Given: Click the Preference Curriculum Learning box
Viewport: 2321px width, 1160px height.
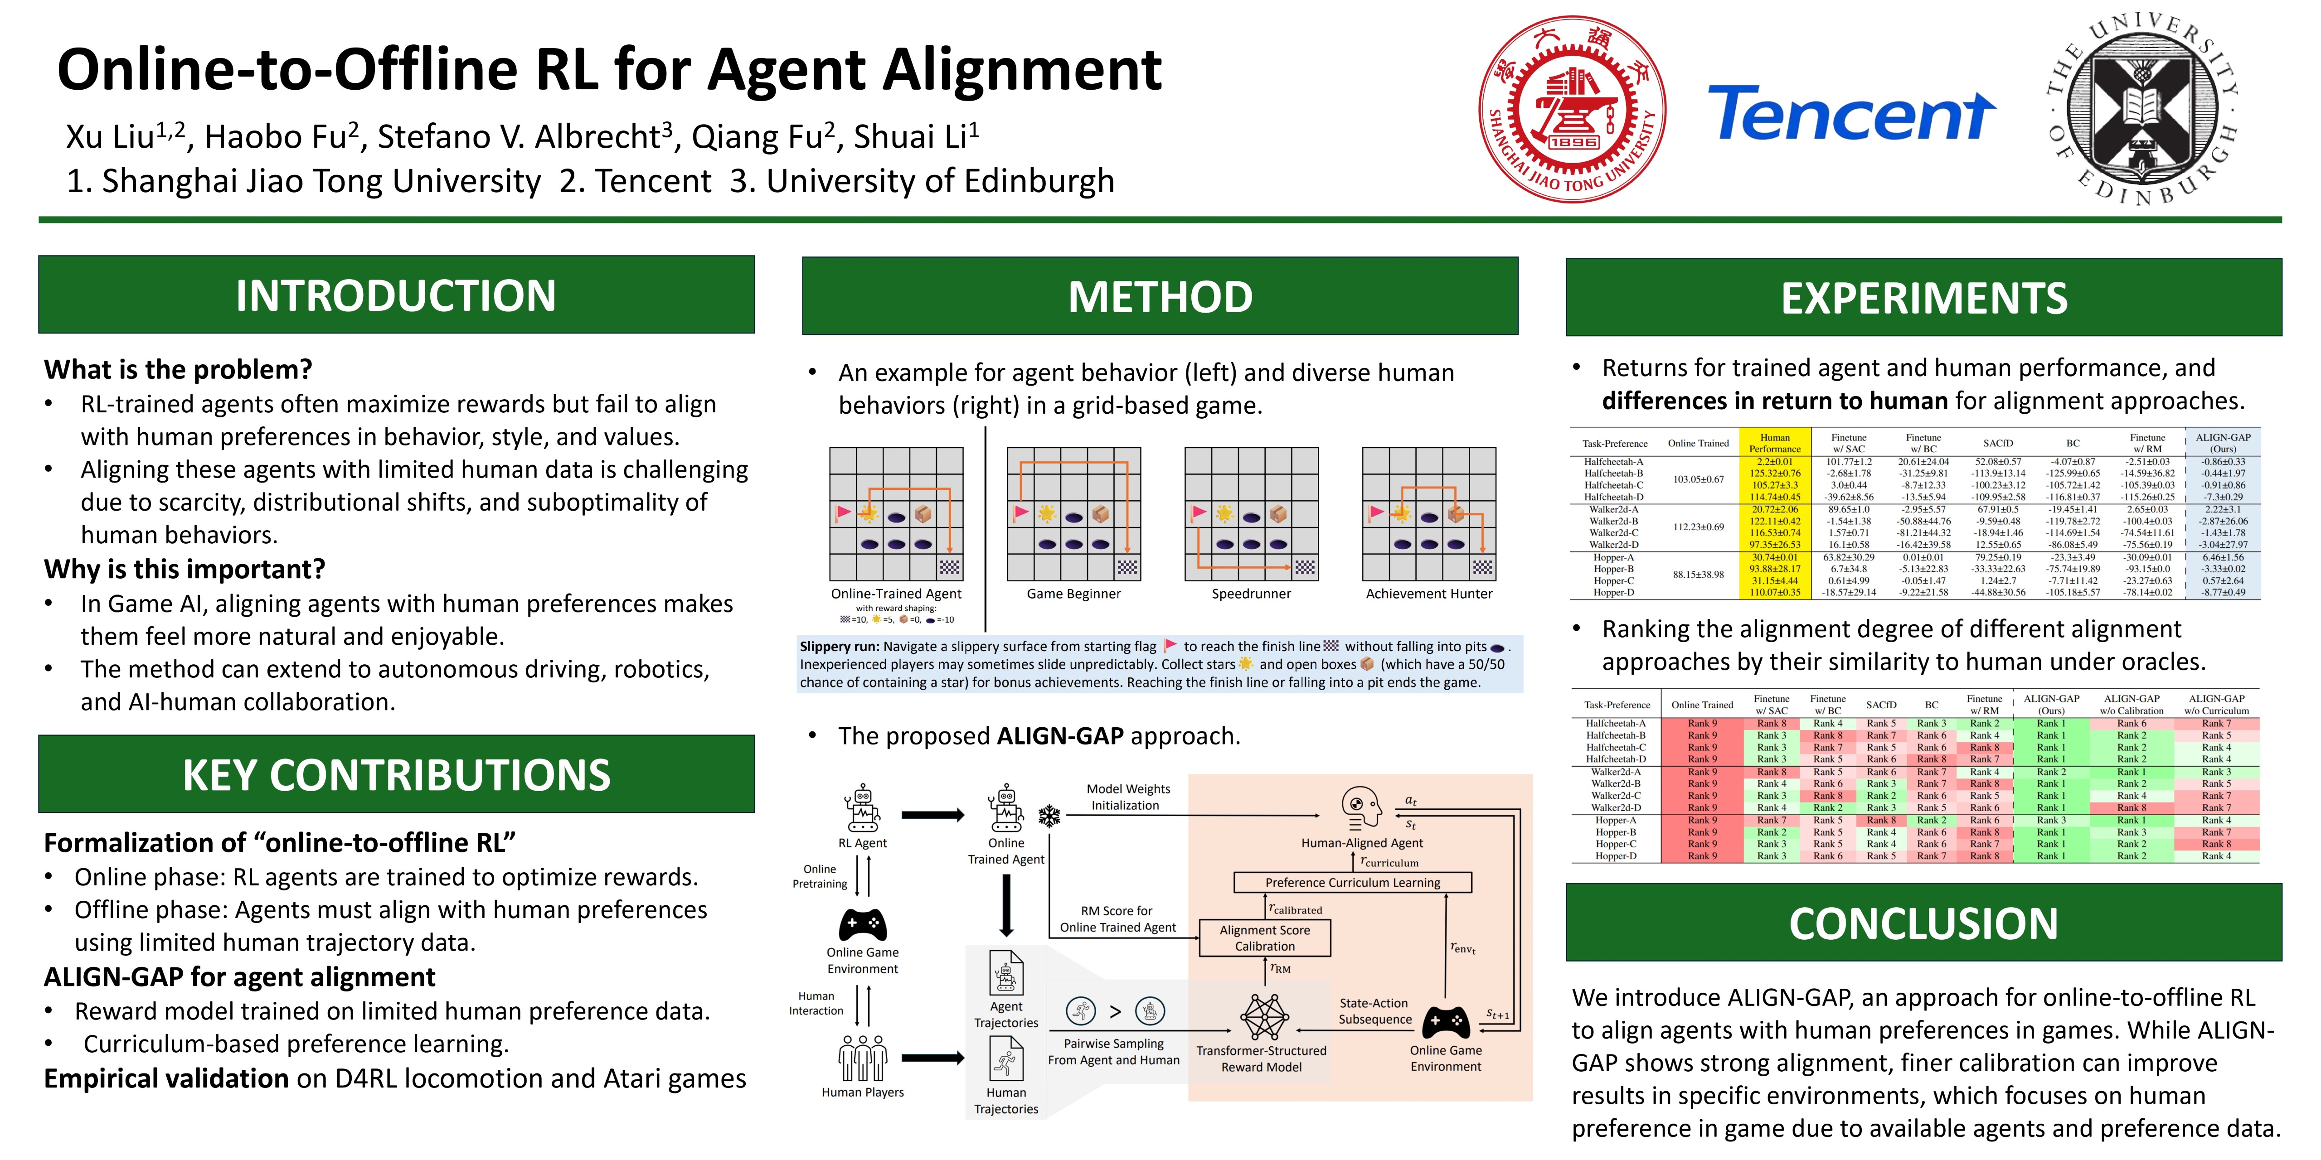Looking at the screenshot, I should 1351,883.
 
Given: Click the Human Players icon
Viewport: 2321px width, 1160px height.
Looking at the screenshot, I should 862,1058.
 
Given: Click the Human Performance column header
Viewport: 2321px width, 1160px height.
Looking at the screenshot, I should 1774,443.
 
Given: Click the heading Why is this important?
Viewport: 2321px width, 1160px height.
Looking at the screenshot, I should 185,569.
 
